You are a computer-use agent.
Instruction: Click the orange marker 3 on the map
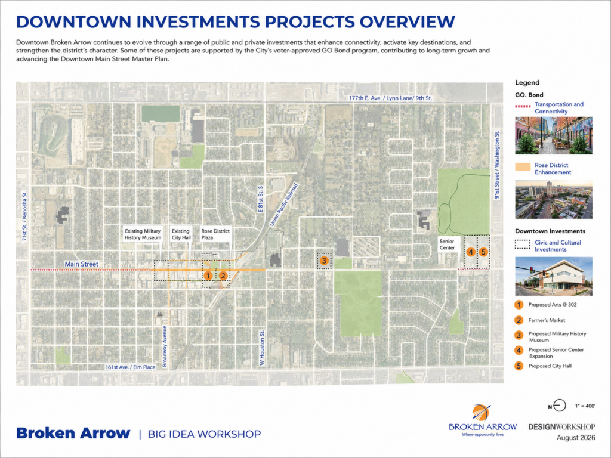(x=324, y=261)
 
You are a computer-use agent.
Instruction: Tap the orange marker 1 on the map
(x=208, y=276)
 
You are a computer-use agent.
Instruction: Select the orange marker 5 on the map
(x=483, y=252)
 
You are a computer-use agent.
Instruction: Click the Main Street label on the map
(x=81, y=264)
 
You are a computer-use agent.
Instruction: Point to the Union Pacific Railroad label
(x=283, y=205)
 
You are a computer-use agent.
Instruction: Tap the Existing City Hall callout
(x=181, y=234)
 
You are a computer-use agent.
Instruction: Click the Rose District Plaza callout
(x=215, y=234)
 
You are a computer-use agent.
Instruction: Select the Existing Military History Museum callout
(x=143, y=234)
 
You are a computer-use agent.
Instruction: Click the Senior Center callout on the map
(x=447, y=245)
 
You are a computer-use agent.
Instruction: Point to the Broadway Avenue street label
(x=165, y=346)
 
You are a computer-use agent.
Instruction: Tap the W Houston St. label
(x=263, y=348)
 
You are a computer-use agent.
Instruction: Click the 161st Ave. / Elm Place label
(x=130, y=367)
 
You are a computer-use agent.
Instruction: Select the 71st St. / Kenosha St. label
(x=24, y=216)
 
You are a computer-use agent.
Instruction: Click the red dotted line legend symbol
(x=523, y=106)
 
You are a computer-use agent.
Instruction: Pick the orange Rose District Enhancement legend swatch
(x=523, y=167)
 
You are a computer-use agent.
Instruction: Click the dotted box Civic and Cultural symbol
(x=523, y=244)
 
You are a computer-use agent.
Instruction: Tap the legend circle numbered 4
(x=519, y=350)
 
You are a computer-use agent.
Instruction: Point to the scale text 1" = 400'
(x=585, y=406)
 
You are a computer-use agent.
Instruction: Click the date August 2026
(x=576, y=437)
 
